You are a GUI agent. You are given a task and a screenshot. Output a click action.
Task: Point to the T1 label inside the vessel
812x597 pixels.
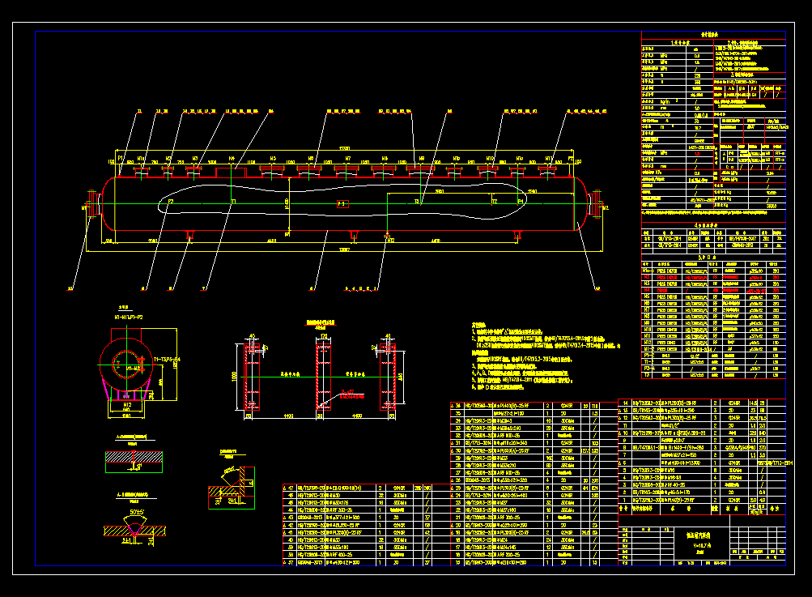tap(234, 200)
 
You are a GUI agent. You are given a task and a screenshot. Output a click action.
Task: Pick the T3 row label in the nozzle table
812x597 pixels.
tap(647, 375)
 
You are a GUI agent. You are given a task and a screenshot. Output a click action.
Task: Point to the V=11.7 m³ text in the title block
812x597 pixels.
tap(686, 544)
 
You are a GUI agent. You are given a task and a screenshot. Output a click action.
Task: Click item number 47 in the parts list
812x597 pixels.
tap(290, 488)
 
